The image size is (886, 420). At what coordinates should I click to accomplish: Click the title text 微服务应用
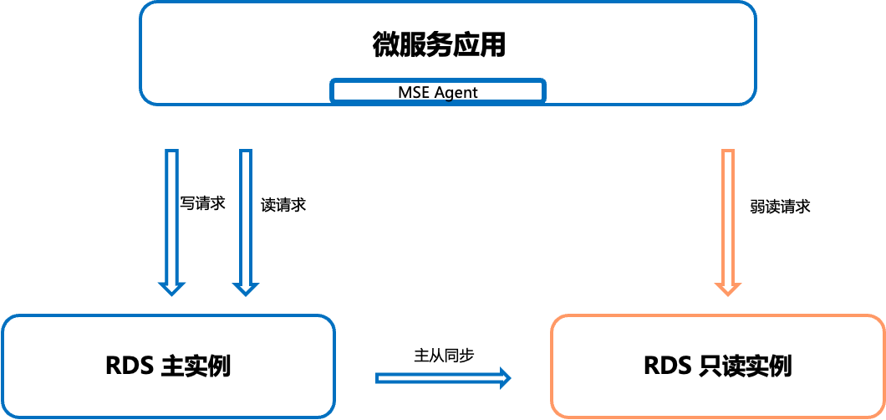coord(439,44)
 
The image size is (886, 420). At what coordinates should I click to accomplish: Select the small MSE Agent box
coord(438,91)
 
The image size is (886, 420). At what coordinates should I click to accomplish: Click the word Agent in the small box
coord(456,92)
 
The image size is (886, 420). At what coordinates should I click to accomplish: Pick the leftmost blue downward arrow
coord(172,218)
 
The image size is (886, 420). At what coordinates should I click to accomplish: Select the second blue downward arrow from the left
coord(245,218)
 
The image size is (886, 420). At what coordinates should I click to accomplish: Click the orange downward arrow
coord(727,218)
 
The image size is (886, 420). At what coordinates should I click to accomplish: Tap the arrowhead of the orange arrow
coord(727,288)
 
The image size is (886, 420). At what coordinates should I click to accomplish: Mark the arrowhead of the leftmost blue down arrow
coord(172,288)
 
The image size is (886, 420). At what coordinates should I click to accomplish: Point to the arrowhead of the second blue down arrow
coord(245,288)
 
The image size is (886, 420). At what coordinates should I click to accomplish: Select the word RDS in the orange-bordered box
coord(666,366)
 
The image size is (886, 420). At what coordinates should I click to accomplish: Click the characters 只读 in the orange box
coord(721,366)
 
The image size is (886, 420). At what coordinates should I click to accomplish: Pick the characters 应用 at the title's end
coord(480,44)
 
